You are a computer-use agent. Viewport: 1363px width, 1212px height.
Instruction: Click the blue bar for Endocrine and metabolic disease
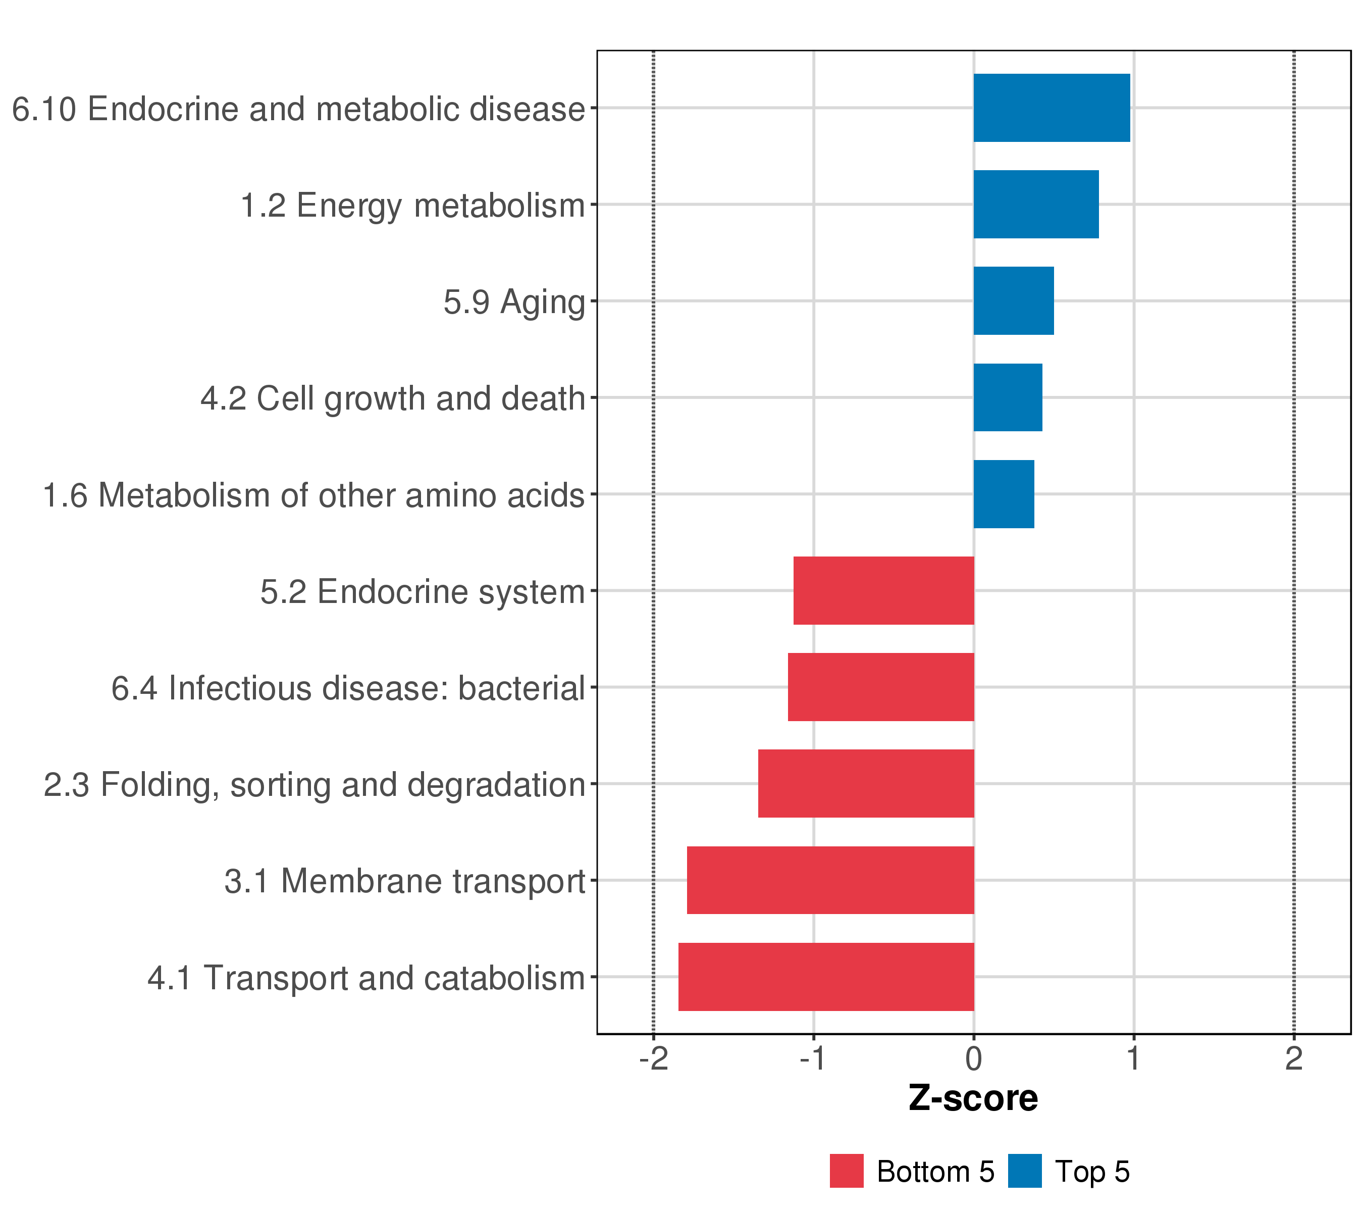(1052, 108)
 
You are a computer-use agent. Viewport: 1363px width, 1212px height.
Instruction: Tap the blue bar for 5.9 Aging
(1014, 301)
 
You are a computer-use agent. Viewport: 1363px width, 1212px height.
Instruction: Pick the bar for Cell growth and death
(1008, 397)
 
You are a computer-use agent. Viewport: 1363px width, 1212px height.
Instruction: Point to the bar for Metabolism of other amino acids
(1004, 494)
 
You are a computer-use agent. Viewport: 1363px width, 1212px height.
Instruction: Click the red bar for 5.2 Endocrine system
(883, 590)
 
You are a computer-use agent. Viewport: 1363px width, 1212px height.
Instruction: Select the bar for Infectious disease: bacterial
(881, 687)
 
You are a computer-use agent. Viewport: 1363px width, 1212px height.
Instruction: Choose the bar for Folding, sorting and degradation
(866, 784)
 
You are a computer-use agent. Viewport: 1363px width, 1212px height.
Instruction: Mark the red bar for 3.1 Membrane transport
(830, 881)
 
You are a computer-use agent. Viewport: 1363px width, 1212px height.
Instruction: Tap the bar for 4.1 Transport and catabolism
(826, 977)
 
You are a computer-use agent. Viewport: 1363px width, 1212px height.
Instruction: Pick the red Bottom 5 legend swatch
(846, 1171)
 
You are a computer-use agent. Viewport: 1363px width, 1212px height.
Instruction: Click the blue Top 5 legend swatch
(1024, 1171)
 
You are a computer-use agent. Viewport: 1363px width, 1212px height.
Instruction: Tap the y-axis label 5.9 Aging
(514, 302)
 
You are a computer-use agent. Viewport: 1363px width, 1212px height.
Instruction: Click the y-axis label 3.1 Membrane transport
(404, 882)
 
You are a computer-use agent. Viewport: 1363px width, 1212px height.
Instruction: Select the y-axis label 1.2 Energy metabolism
(412, 206)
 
